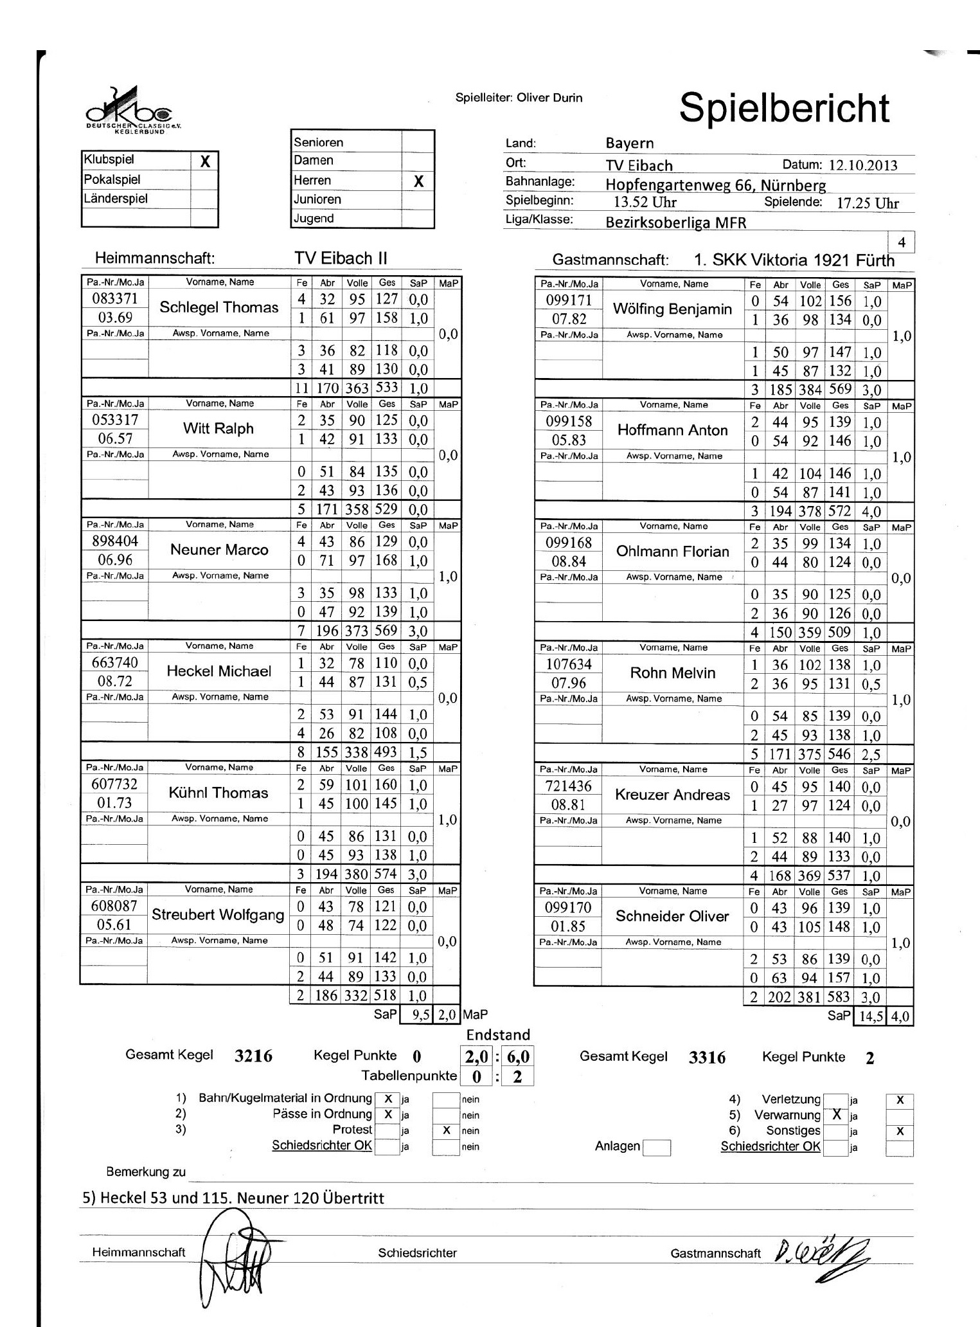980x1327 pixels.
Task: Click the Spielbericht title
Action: tap(784, 108)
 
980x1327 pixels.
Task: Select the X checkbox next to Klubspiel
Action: tap(205, 161)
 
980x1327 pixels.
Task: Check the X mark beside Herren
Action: tap(418, 181)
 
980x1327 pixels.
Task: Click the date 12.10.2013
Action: tap(863, 165)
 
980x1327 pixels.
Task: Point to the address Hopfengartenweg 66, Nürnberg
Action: tap(715, 185)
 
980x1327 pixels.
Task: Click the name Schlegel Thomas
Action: tap(219, 307)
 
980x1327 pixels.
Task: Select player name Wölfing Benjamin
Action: tap(672, 309)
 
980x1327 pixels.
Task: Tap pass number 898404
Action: tap(115, 541)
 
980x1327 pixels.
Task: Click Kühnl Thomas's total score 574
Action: tap(386, 874)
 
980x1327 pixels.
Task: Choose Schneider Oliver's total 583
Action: tap(839, 997)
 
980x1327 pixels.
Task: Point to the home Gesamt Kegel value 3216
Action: tap(254, 1056)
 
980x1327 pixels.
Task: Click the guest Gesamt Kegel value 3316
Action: tap(707, 1058)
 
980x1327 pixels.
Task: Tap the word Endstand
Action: tap(498, 1034)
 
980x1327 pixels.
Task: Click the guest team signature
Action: tap(823, 1252)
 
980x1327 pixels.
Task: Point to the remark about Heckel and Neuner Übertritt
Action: tap(234, 1198)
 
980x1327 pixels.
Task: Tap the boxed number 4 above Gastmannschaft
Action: tap(902, 242)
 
